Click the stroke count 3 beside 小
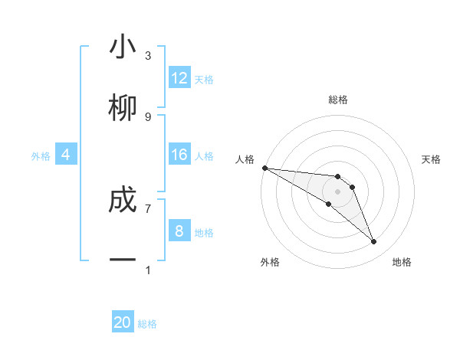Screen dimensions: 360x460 [148, 56]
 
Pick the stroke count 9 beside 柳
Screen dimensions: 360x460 [148, 116]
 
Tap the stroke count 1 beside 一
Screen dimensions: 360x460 [148, 270]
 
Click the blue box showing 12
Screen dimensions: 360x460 [179, 78]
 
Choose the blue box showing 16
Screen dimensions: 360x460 [179, 155]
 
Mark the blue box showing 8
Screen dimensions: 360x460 [179, 231]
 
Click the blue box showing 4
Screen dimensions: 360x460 [66, 155]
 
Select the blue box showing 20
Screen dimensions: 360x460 [123, 322]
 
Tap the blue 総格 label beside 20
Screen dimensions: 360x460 [147, 324]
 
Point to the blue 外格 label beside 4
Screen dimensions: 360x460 [41, 156]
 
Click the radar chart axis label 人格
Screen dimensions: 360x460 [245, 159]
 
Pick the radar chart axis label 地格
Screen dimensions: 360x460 [402, 263]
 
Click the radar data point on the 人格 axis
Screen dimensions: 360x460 [264, 168]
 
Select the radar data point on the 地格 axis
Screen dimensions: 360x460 [374, 242]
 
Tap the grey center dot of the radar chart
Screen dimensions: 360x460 [337, 191]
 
